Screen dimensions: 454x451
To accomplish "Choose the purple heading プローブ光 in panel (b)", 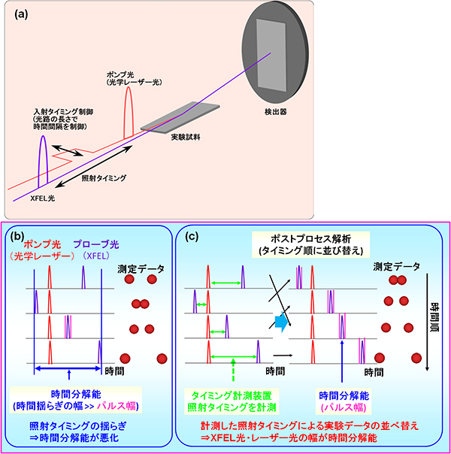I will tap(96, 244).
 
